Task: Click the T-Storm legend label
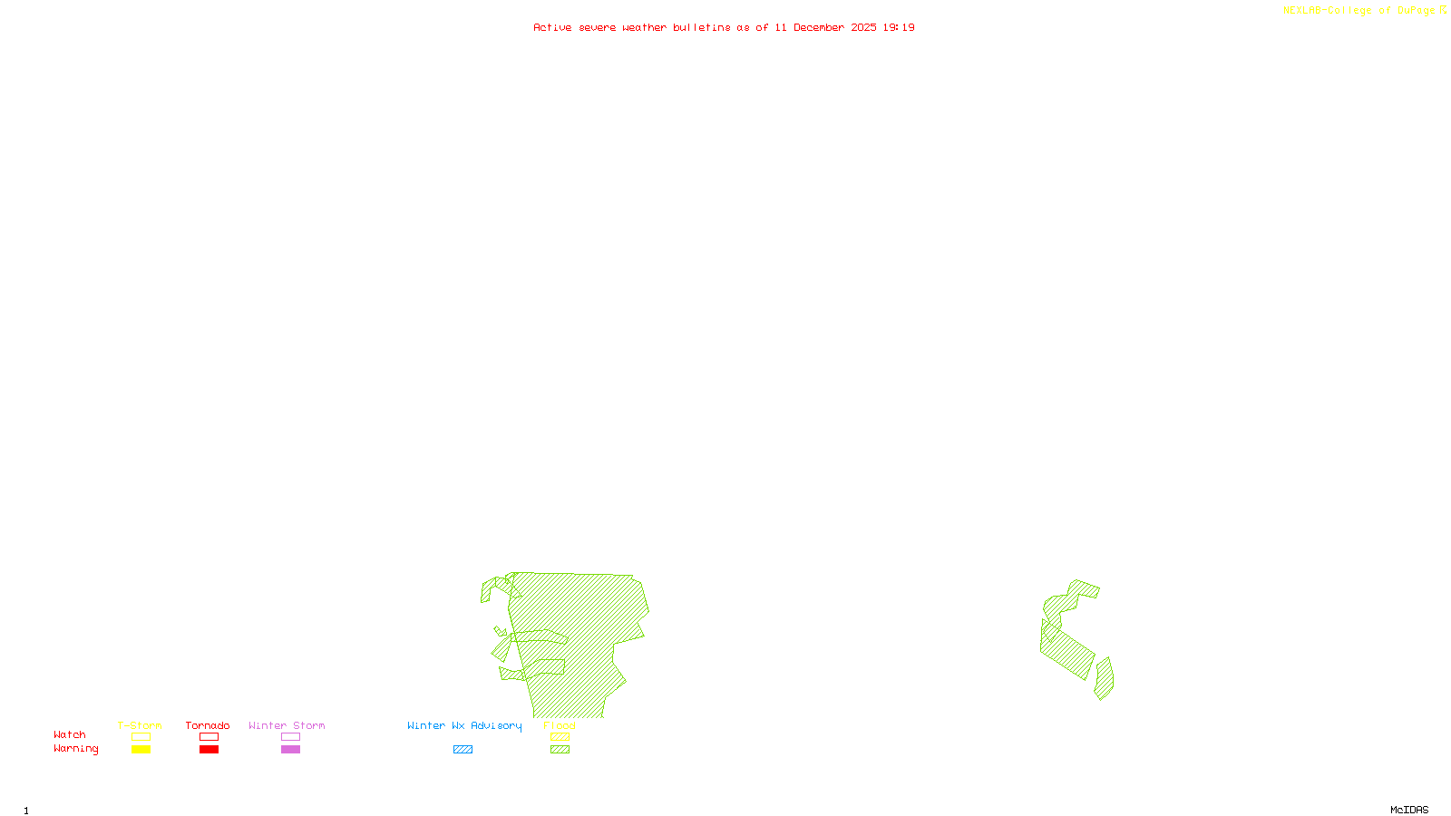[140, 725]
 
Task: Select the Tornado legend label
[208, 725]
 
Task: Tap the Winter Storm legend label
[287, 725]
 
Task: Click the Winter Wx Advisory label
[464, 725]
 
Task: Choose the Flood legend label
[560, 725]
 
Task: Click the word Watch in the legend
[70, 734]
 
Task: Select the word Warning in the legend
[75, 749]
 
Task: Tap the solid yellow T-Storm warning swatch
[141, 750]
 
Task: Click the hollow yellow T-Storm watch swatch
[141, 737]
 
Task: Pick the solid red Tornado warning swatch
[209, 750]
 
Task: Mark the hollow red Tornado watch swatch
[209, 737]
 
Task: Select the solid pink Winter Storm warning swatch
[290, 750]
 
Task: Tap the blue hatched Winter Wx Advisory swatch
[463, 750]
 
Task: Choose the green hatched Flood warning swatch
[560, 750]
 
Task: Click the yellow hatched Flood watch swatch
[560, 737]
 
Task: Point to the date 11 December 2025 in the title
[825, 27]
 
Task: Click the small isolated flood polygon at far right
[1104, 679]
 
